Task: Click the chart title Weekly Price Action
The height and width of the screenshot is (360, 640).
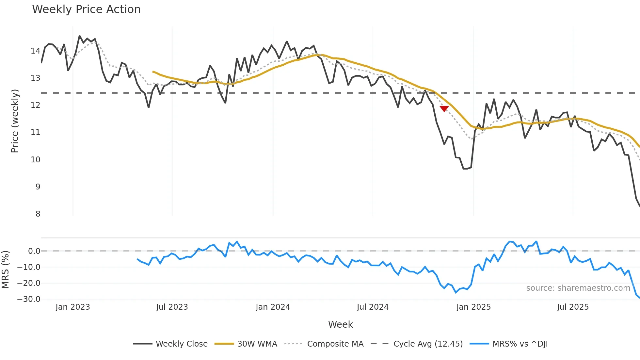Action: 86,9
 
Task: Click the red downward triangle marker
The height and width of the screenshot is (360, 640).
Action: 444,108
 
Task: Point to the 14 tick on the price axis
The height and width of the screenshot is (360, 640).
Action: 35,51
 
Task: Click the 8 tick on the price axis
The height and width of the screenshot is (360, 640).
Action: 38,214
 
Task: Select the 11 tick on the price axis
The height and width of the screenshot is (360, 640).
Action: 35,132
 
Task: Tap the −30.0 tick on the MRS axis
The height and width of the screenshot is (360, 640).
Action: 29,299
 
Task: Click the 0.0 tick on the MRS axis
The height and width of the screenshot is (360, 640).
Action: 34,251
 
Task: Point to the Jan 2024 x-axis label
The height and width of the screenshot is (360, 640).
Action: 273,307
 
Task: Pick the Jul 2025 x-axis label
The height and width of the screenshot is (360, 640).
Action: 573,307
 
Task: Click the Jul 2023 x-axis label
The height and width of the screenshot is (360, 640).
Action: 172,307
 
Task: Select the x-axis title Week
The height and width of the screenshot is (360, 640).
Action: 340,324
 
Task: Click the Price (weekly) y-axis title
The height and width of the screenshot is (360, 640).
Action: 15,121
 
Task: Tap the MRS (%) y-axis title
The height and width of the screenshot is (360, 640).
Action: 5,270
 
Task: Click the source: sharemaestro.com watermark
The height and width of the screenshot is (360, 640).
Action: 578,288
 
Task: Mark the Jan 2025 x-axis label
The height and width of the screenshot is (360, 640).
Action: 473,307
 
